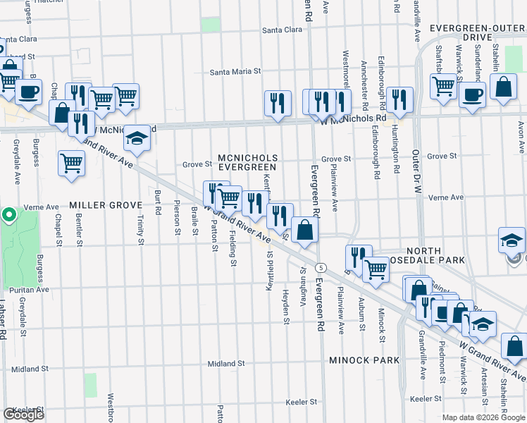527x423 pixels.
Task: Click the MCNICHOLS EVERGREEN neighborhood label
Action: (247, 162)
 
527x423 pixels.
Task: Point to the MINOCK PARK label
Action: (364, 360)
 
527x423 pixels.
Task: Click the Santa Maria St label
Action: (236, 71)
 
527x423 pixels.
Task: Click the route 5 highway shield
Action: (321, 267)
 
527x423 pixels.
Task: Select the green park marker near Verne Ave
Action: (8, 214)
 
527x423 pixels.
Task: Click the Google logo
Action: (24, 415)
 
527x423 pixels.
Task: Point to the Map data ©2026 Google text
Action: (482, 417)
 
